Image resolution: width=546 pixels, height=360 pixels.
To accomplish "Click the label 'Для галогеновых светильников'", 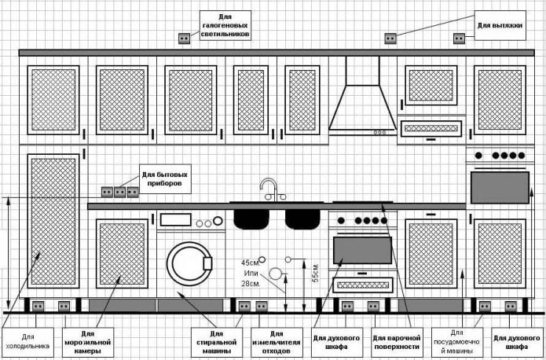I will click(x=225, y=25).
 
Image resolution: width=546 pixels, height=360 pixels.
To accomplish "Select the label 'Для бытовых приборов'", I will click(x=165, y=179).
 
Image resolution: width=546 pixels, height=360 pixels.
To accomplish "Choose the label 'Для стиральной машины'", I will click(x=216, y=342).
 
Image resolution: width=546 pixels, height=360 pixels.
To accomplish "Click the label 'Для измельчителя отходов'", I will click(x=274, y=342).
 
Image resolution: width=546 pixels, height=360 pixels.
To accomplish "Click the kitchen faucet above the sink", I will click(x=269, y=189).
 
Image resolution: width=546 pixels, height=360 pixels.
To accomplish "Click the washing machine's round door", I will click(x=189, y=263).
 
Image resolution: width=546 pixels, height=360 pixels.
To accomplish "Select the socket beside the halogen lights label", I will click(x=185, y=37).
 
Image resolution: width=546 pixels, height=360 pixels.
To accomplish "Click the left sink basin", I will click(x=252, y=217).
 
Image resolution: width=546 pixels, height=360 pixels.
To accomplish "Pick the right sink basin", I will click(x=302, y=217).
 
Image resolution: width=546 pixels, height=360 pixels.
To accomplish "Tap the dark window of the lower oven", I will click(x=362, y=250).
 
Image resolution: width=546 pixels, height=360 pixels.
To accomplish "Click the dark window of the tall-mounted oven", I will click(x=500, y=187).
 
